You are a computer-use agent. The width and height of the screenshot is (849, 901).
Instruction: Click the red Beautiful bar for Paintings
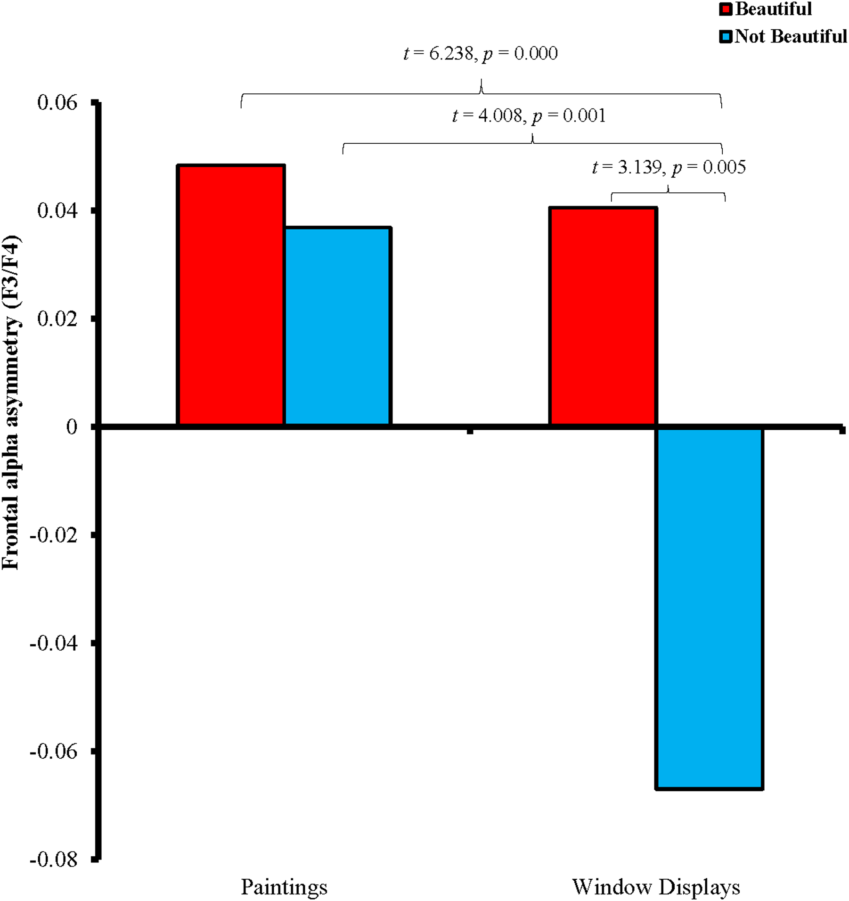coord(231,295)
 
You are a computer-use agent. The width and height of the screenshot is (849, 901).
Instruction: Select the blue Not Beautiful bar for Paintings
coord(338,326)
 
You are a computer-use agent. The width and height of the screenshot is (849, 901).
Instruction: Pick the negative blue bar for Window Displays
coord(709,608)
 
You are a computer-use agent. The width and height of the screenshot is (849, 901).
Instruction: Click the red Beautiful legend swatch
coord(726,9)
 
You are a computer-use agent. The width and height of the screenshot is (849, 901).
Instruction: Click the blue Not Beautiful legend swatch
coord(726,37)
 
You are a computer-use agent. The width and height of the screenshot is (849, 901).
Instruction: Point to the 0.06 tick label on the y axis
coord(57,102)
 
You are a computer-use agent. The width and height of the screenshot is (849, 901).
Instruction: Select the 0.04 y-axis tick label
coord(57,210)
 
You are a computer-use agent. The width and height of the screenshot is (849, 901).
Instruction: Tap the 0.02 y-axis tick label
coord(57,319)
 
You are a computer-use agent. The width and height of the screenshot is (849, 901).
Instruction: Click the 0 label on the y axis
coord(72,427)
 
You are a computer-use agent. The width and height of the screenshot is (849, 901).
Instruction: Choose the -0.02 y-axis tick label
coord(53,535)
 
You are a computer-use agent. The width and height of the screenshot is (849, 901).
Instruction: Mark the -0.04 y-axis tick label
coord(53,643)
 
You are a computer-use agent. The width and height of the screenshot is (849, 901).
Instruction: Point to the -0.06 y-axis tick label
coord(53,751)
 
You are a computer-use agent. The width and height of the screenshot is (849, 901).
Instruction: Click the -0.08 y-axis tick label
coord(53,860)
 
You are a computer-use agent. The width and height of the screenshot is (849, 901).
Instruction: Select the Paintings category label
coord(284,887)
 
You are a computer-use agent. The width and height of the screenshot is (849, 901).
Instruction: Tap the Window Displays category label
coord(656,887)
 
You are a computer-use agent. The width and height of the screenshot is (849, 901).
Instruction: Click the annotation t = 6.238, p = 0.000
coord(481,53)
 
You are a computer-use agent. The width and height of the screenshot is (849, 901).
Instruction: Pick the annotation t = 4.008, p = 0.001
coord(529,115)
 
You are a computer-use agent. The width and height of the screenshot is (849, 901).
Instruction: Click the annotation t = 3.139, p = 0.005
coord(669,167)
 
